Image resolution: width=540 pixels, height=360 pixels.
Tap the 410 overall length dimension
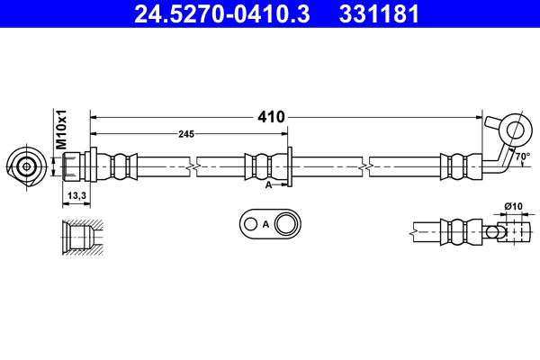click(271, 117)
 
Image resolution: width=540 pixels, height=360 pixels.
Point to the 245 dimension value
click(186, 134)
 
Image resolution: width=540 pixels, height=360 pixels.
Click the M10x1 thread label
click(62, 131)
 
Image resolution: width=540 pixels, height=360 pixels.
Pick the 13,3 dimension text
click(76, 195)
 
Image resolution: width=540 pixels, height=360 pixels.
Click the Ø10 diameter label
click(513, 207)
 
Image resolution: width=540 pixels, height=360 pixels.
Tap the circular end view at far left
click(26, 166)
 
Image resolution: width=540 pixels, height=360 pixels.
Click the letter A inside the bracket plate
click(265, 224)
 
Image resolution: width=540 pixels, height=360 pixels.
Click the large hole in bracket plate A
click(288, 224)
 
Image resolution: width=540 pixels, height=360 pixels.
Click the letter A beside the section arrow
click(269, 184)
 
